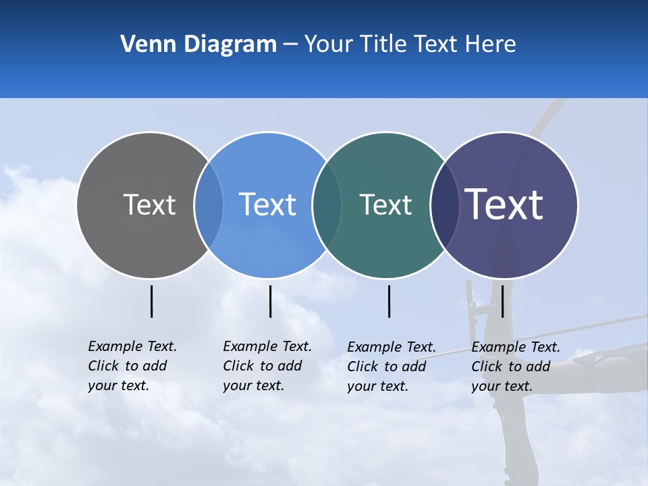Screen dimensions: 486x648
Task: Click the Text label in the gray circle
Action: (149, 205)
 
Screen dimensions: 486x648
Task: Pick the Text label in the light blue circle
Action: (267, 205)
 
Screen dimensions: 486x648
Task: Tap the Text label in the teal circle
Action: (385, 205)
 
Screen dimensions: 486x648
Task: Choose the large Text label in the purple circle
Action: (504, 205)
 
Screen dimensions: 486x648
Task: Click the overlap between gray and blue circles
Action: (209, 205)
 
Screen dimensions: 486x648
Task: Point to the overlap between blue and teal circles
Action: (327, 205)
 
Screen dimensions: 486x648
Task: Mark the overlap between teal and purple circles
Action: (445, 205)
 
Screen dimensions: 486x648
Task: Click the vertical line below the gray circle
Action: (152, 301)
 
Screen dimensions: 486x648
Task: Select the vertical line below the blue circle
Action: (270, 301)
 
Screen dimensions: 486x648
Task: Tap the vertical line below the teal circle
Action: (389, 301)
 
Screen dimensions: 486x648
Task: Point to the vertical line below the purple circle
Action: (502, 301)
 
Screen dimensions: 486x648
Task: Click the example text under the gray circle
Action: (132, 366)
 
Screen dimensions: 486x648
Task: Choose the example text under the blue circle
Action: (267, 366)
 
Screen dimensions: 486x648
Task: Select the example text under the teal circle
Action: (391, 367)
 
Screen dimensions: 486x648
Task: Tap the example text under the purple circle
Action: (516, 367)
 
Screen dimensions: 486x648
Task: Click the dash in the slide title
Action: (290, 45)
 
